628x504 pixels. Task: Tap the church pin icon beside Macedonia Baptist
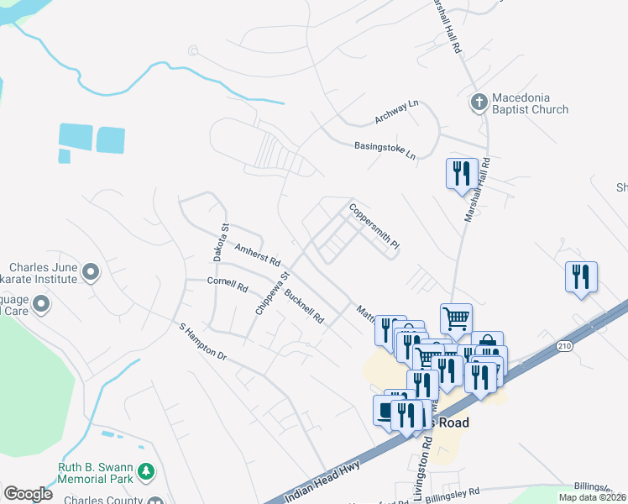pos(479,102)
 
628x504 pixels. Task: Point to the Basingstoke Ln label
pos(385,150)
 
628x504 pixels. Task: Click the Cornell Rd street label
pos(228,285)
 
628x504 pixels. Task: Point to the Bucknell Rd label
pos(304,306)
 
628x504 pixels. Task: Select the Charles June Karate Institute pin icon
pos(91,271)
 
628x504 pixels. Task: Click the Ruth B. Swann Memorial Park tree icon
pos(147,470)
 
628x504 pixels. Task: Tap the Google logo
pos(28,494)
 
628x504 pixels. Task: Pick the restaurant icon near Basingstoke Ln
pos(461,174)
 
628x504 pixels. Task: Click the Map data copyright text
pos(592,497)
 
